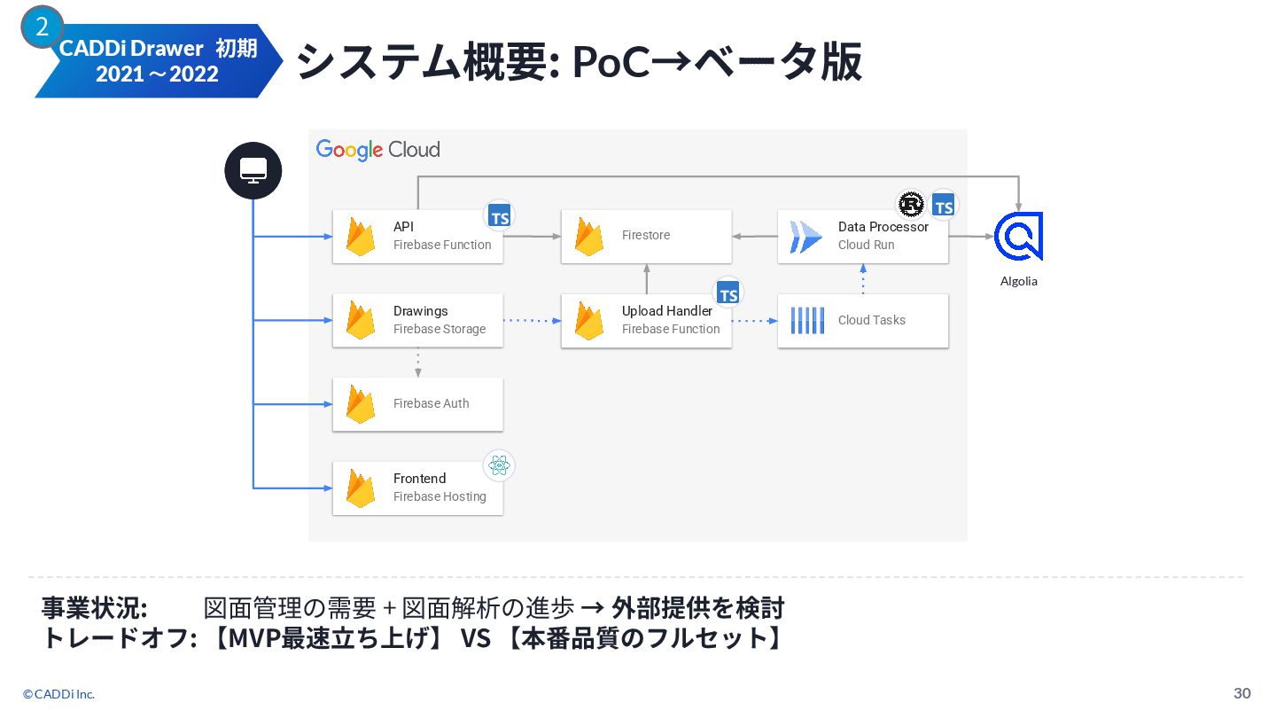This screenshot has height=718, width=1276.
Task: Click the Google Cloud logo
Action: pos(377,150)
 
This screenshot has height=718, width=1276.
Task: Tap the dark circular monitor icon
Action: pos(253,170)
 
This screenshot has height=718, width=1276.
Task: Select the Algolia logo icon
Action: pos(1018,236)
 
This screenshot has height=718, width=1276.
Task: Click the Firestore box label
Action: pos(646,235)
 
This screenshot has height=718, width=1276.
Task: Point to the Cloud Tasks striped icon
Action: pos(807,320)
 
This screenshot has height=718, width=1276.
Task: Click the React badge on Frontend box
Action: pos(499,465)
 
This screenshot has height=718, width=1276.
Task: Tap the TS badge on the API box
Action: pos(500,215)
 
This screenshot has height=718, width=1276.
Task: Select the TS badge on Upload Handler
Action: pos(728,293)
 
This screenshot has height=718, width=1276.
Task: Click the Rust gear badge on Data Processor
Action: pos(911,205)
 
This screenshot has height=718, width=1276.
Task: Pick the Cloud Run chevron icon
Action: pos(806,237)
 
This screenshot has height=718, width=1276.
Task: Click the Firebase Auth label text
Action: pos(431,403)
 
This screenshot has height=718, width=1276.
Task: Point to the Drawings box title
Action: pos(420,311)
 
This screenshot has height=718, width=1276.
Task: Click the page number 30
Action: pos(1242,692)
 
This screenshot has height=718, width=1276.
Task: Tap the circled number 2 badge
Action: pos(42,27)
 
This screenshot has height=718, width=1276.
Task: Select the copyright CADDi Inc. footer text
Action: pos(58,694)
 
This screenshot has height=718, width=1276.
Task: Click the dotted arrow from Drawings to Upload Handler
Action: pos(532,321)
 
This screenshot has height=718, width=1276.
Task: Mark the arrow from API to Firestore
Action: pos(532,237)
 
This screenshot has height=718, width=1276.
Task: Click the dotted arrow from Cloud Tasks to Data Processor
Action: pos(863,279)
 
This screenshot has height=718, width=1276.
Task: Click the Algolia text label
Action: pos(1018,281)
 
